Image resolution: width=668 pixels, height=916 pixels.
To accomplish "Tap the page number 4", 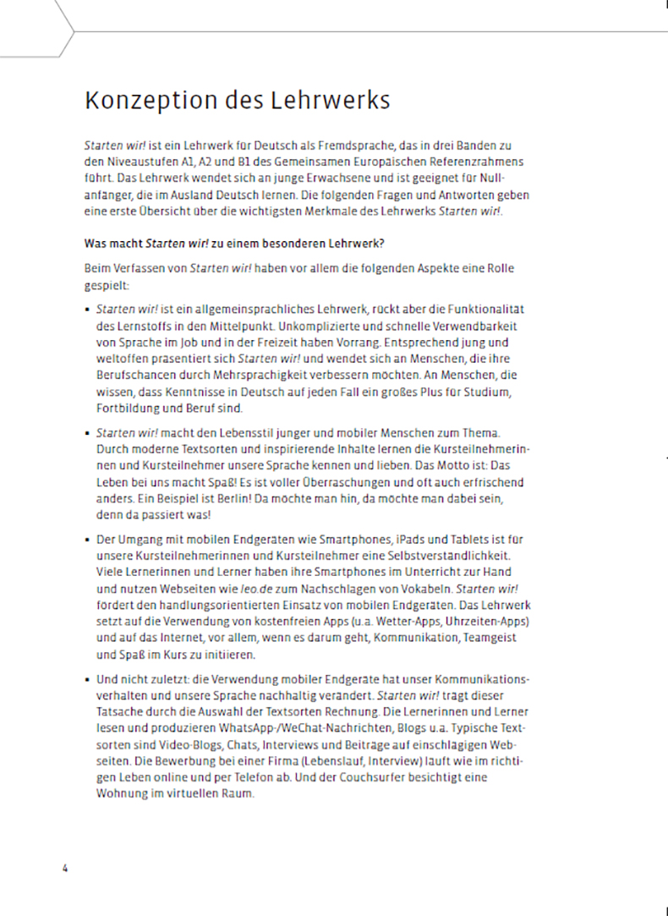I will (64, 869).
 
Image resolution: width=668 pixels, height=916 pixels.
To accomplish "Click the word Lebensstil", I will (230, 432).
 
